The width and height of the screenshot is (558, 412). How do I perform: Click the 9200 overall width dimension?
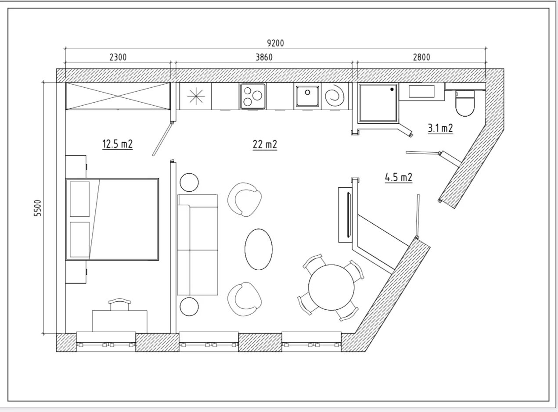pyautogui.click(x=275, y=43)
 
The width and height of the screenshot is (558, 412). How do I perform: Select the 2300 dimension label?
pyautogui.click(x=118, y=57)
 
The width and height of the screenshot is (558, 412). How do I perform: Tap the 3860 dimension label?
pyautogui.click(x=264, y=57)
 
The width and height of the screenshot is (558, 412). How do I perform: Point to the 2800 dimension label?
pyautogui.click(x=421, y=57)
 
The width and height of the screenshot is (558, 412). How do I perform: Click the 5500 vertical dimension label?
pyautogui.click(x=37, y=208)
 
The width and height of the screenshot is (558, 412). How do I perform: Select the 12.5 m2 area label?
pyautogui.click(x=118, y=144)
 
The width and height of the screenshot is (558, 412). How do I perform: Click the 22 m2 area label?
pyautogui.click(x=265, y=145)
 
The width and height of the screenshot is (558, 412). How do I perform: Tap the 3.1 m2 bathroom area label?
pyautogui.click(x=440, y=128)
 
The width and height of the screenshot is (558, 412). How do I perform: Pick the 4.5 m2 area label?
pyautogui.click(x=399, y=178)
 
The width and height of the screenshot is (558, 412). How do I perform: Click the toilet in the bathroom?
pyautogui.click(x=465, y=103)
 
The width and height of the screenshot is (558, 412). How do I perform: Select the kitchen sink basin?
pyautogui.click(x=307, y=96)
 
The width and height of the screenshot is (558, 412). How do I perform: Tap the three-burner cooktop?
pyautogui.click(x=253, y=97)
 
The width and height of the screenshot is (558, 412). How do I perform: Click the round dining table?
pyautogui.click(x=331, y=287)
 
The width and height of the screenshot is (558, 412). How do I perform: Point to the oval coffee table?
pyautogui.click(x=259, y=249)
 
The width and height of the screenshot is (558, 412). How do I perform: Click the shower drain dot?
pyautogui.click(x=392, y=90)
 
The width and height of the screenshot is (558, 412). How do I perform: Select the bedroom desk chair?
pyautogui.click(x=119, y=305)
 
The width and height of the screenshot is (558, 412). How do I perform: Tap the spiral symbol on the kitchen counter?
pyautogui.click(x=335, y=96)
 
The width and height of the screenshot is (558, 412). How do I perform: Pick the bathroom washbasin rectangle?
pyautogui.click(x=421, y=91)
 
